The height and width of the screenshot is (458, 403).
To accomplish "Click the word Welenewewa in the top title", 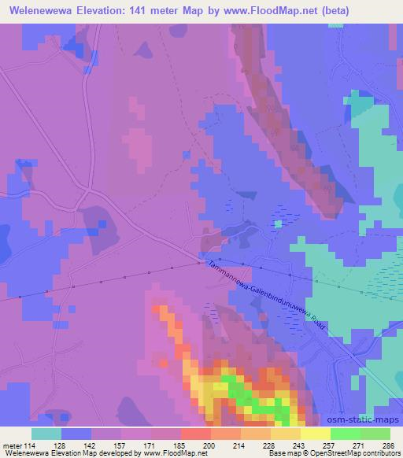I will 39,11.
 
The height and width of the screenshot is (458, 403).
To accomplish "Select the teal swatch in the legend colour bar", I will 46,434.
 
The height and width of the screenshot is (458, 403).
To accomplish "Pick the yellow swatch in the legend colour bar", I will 315,434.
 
